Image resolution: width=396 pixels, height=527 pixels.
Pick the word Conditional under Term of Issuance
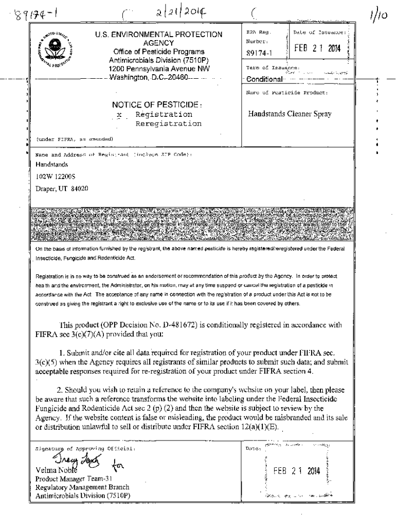click(x=264, y=79)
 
